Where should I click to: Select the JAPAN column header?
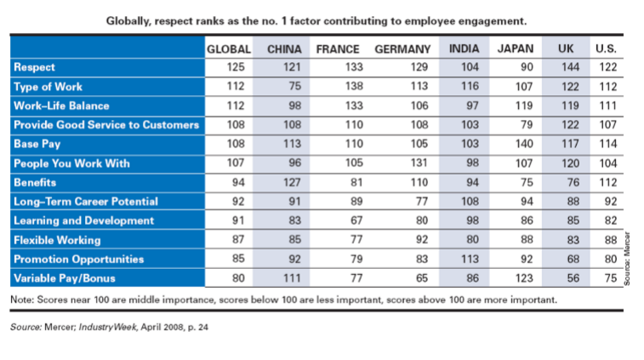[516, 49]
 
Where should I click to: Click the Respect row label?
[35, 67]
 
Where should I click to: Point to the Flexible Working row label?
[56, 240]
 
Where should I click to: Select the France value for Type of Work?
[338, 87]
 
